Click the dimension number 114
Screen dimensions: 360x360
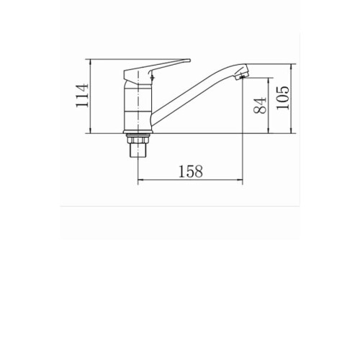point(82,95)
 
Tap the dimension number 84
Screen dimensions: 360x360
point(260,105)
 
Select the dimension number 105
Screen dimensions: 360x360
point(283,98)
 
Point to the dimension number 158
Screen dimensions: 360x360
point(191,171)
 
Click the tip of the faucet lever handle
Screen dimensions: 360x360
point(189,60)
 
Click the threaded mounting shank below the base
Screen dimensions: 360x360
point(138,150)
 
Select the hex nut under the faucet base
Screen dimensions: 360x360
point(138,140)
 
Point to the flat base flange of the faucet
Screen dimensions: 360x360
point(138,132)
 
